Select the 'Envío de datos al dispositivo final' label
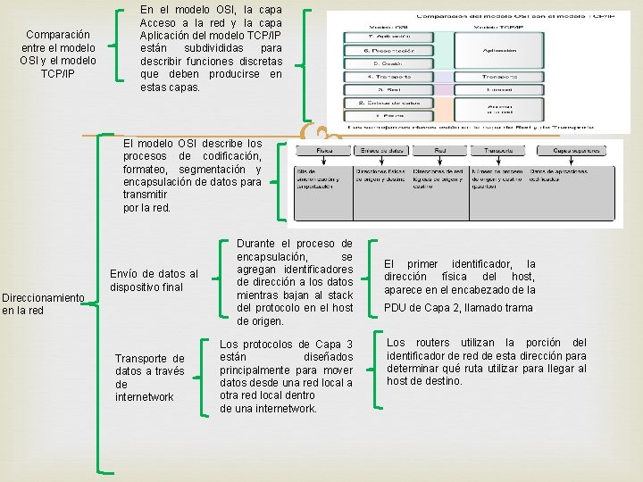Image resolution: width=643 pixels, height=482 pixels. [x=154, y=280]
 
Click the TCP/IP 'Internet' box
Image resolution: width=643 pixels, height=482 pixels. [x=501, y=90]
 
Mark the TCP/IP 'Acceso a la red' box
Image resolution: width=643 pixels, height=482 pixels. [x=501, y=109]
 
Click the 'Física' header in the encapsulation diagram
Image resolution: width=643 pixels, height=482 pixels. [x=325, y=151]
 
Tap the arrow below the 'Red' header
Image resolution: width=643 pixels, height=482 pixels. [x=441, y=161]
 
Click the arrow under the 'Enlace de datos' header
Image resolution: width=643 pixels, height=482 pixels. [x=384, y=161]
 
